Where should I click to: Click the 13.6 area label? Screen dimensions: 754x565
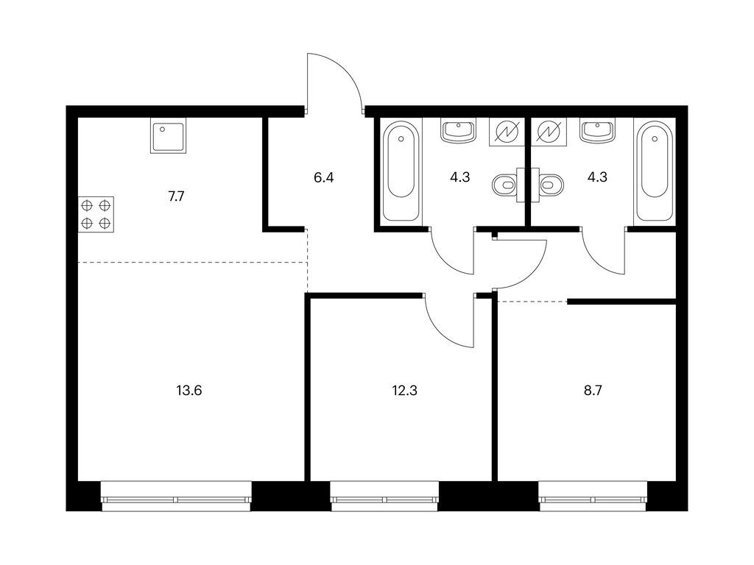(x=189, y=391)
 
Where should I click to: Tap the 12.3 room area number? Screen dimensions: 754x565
(x=404, y=391)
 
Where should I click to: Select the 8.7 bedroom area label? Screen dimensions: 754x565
(x=593, y=391)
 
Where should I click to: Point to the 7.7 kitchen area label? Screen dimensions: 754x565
(x=176, y=196)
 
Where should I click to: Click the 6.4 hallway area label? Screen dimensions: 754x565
(x=324, y=178)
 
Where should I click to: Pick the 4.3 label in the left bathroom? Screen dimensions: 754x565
(x=459, y=177)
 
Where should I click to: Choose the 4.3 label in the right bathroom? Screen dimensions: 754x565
(x=597, y=177)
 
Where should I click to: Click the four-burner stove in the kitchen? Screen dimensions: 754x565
(x=96, y=214)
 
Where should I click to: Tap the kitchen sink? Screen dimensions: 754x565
(x=169, y=136)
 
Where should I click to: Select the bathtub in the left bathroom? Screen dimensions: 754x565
(x=401, y=171)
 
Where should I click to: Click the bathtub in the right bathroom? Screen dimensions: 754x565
(x=654, y=171)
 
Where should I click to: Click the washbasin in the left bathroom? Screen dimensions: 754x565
(x=458, y=131)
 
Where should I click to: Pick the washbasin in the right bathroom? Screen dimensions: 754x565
(x=597, y=131)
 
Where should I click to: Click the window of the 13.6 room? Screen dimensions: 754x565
(x=177, y=497)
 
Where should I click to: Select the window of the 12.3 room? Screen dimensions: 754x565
(x=384, y=497)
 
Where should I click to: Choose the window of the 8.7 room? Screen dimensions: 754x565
(x=593, y=497)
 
